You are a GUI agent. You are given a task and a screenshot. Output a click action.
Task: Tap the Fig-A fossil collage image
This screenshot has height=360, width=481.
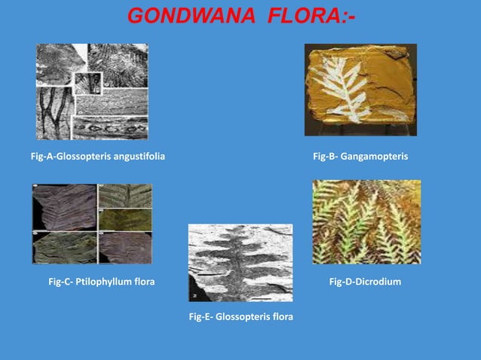point(92,91)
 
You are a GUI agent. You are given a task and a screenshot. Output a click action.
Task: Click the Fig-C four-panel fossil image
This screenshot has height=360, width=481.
point(92,224)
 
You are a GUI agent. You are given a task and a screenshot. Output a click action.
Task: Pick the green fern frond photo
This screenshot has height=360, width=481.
point(366,221)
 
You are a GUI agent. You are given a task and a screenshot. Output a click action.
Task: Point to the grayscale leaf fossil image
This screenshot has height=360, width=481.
point(240,263)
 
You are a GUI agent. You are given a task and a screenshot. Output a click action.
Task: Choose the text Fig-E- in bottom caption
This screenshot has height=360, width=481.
point(201,316)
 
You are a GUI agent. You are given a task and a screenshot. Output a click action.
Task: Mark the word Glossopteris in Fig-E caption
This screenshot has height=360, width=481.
point(241,316)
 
